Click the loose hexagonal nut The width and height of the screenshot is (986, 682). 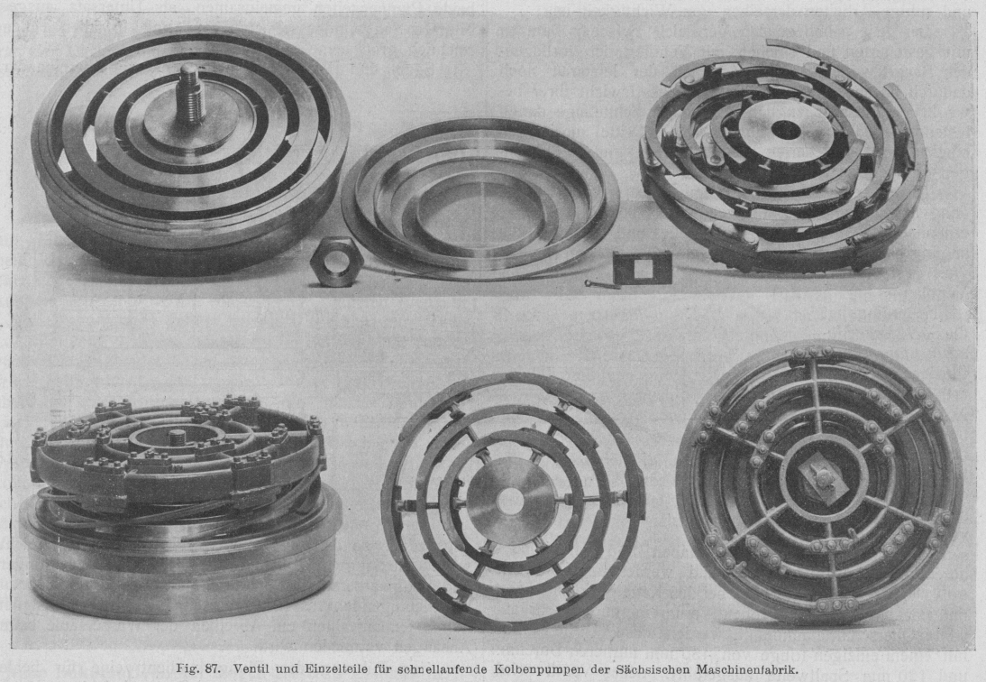335,261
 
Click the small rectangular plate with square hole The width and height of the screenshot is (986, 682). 643,267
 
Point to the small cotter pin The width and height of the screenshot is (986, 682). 602,284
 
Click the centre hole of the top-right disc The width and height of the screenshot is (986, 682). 786,131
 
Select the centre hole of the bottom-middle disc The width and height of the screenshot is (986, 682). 510,501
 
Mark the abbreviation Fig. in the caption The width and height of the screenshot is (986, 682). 187,669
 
